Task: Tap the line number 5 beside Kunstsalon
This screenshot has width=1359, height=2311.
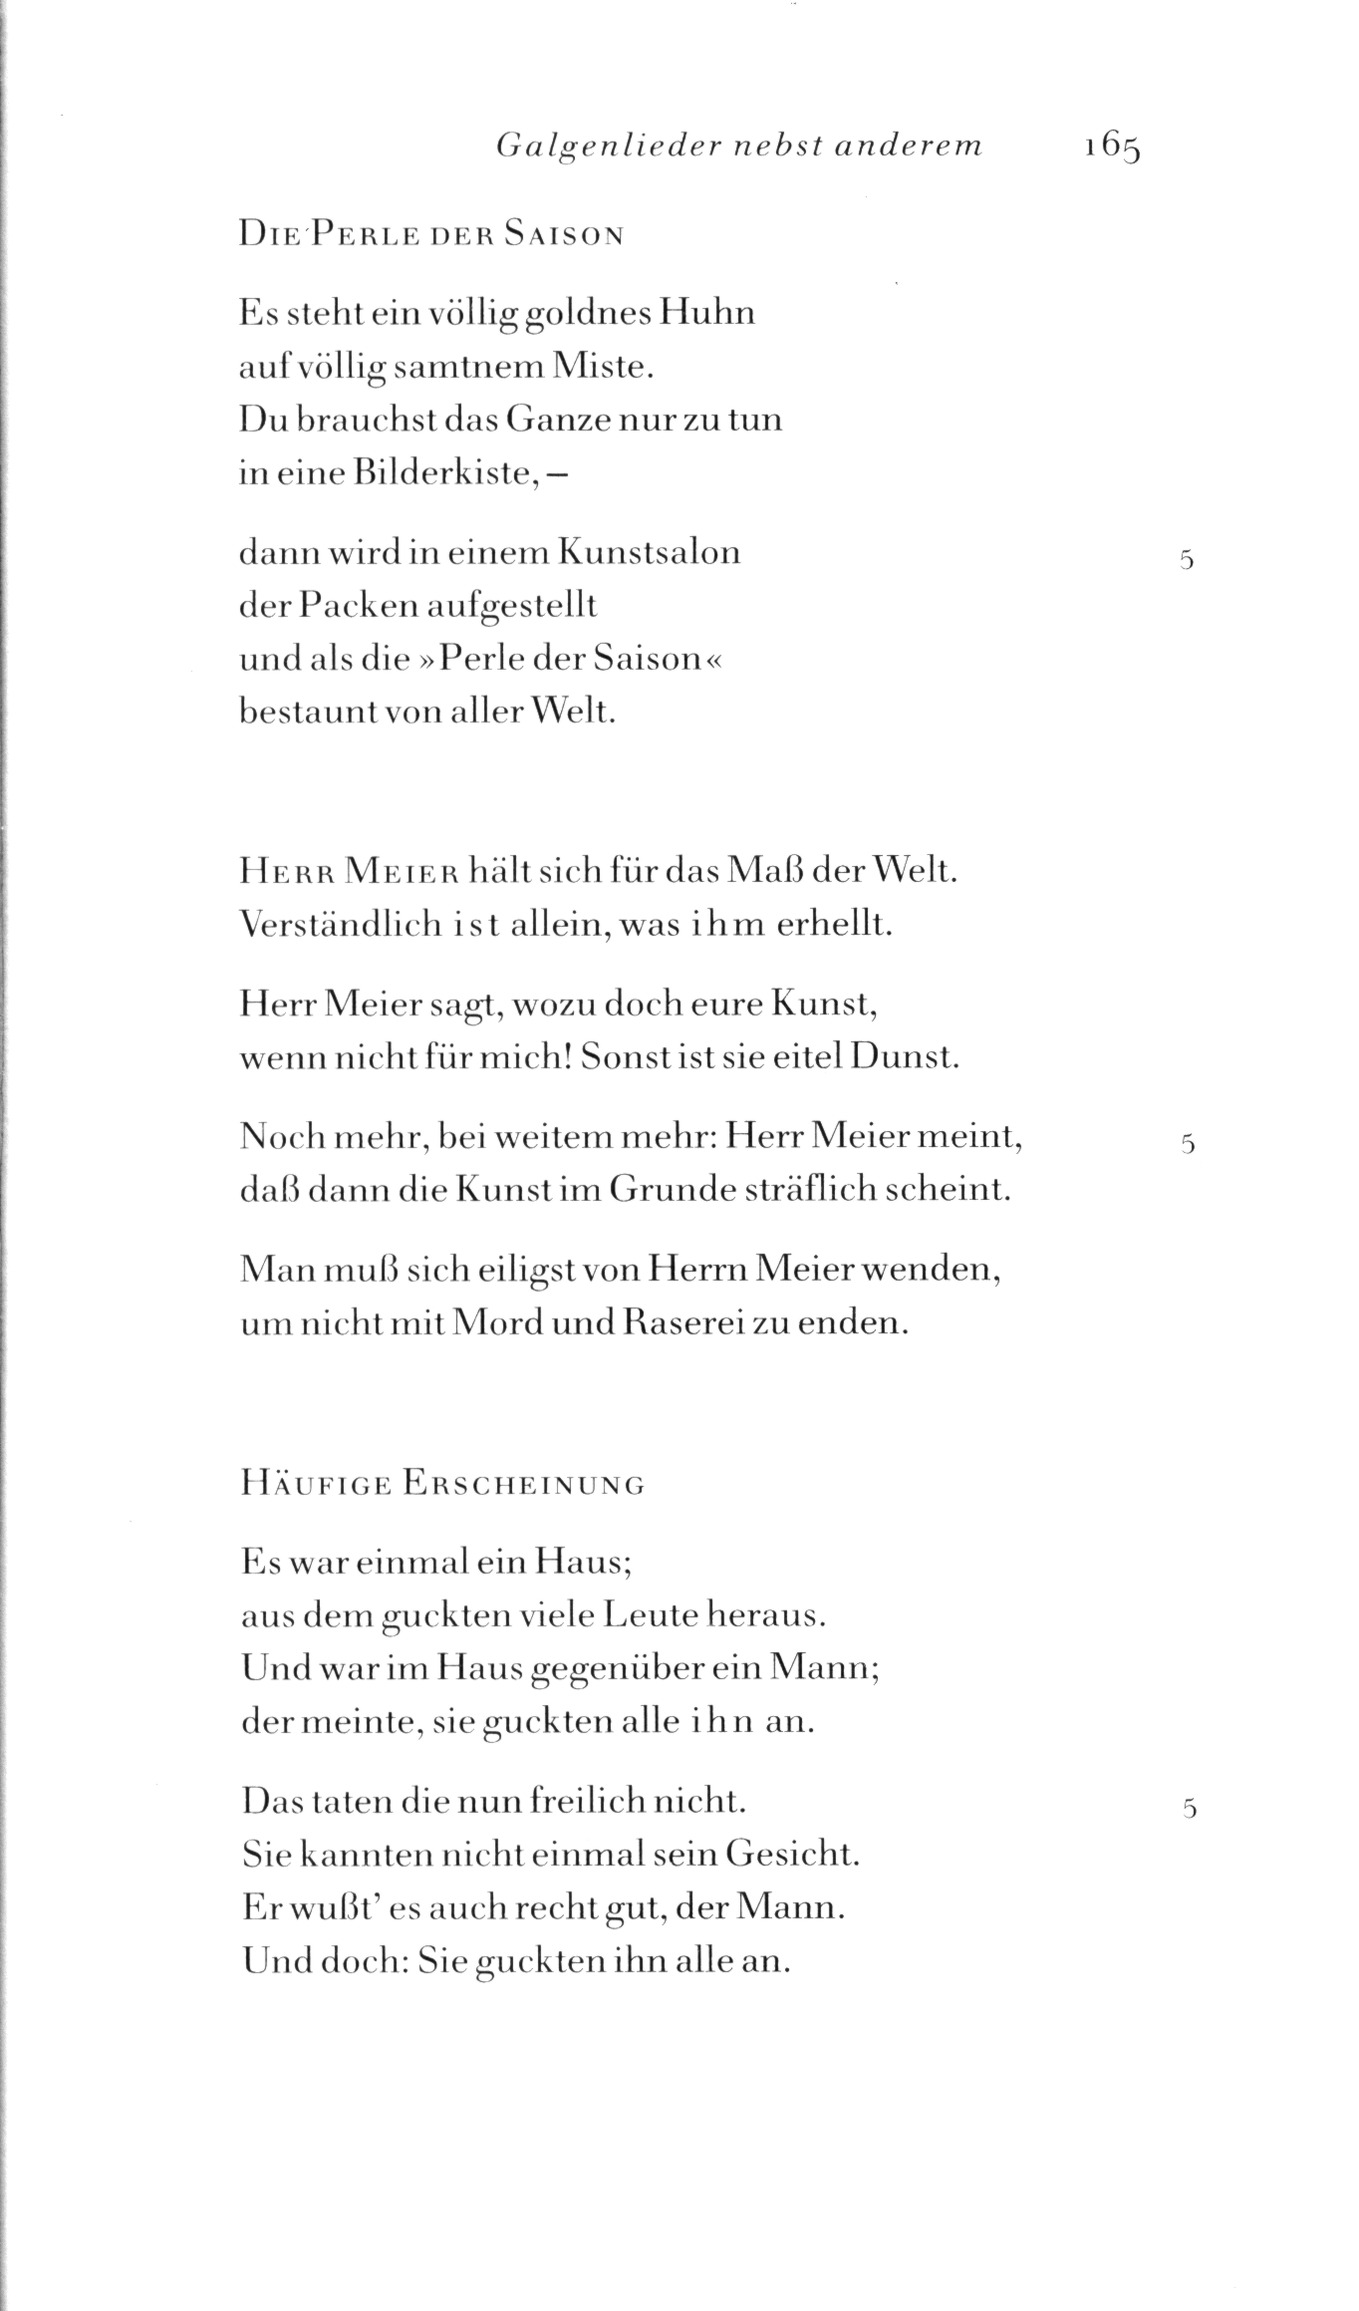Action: coord(1186,560)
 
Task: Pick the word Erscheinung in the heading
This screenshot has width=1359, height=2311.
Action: coord(524,1486)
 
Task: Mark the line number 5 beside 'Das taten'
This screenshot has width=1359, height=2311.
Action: coord(1187,1809)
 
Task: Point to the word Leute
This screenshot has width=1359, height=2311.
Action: coord(650,1615)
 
